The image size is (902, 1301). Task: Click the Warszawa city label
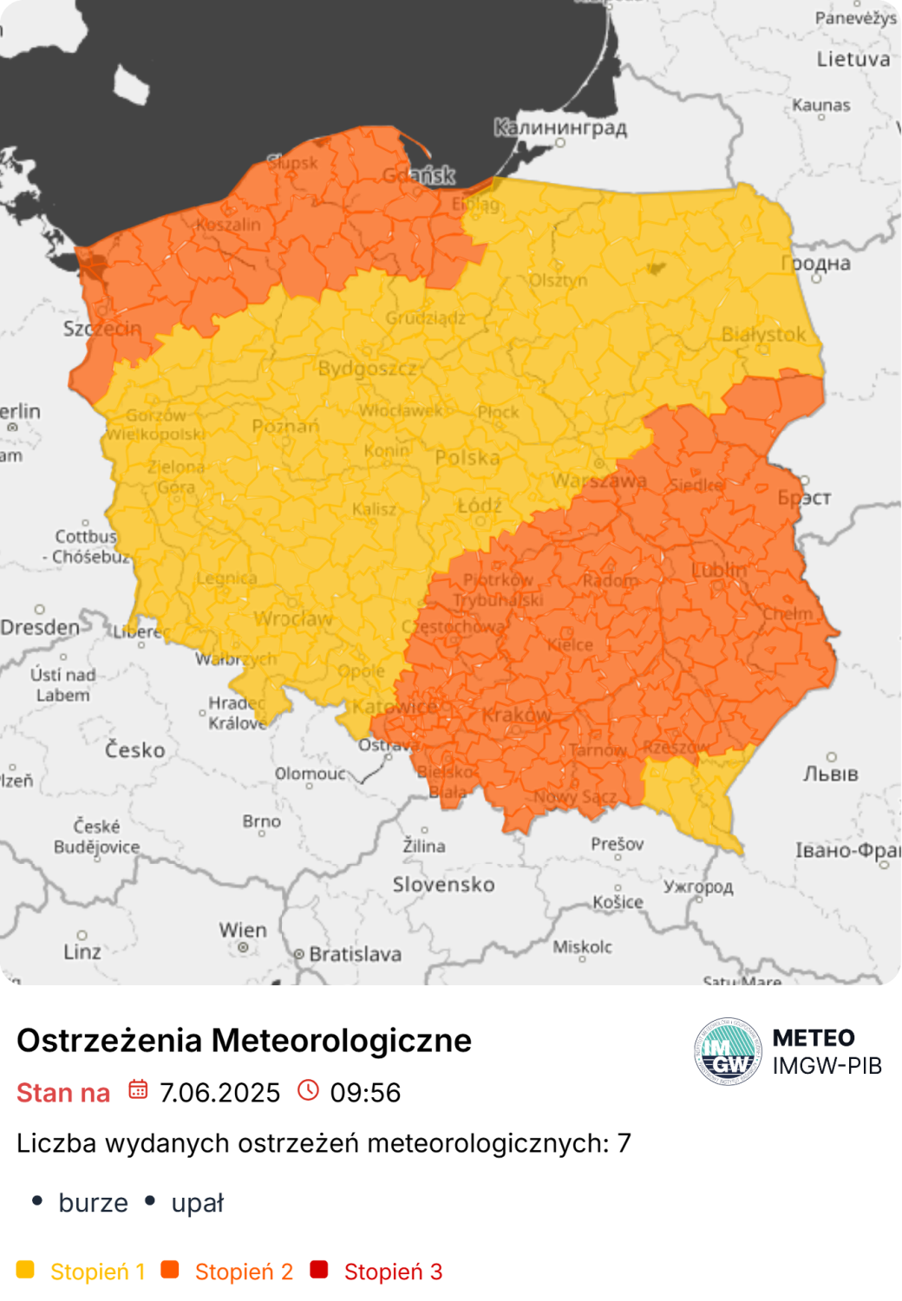coord(599,481)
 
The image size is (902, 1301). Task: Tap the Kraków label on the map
coord(517,715)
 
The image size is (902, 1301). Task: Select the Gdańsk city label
coord(419,175)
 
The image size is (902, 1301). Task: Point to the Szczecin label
coord(101,329)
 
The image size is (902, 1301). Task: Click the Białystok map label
coord(763,334)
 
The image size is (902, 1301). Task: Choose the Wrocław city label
coord(293,618)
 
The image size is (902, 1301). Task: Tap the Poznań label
coord(285,426)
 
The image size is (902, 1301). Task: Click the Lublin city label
coord(719,570)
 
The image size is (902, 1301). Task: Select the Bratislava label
coord(355,954)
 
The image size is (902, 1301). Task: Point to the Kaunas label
coord(820,105)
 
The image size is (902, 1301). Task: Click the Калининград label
coord(560,127)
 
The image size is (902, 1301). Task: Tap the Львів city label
coord(830,773)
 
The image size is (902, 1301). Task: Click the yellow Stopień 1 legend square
coord(26,1270)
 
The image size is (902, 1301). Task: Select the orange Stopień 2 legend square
coord(170,1270)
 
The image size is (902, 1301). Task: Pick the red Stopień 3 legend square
coord(319,1270)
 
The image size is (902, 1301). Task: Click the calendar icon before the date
coord(138,1090)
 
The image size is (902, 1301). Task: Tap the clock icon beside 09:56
coord(308,1090)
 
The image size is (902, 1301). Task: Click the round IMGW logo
coord(728,1051)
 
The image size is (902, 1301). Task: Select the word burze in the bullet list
coord(93,1203)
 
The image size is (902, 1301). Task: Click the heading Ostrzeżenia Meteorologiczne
coord(244,1040)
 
